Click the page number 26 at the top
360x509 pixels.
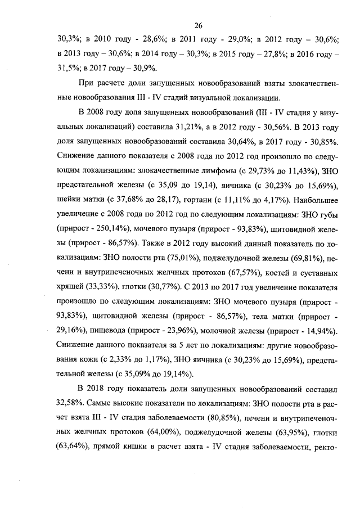pyautogui.click(x=198, y=25)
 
